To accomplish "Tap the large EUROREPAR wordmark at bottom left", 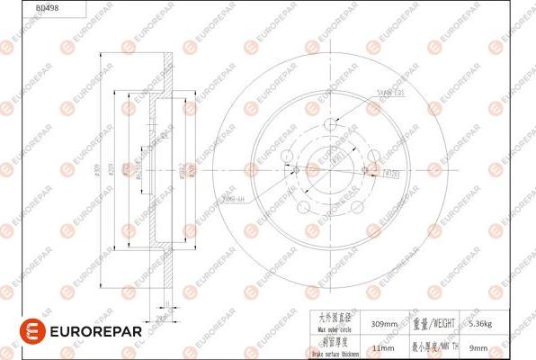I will (x=87, y=331).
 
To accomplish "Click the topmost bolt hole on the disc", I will (x=331, y=125).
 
